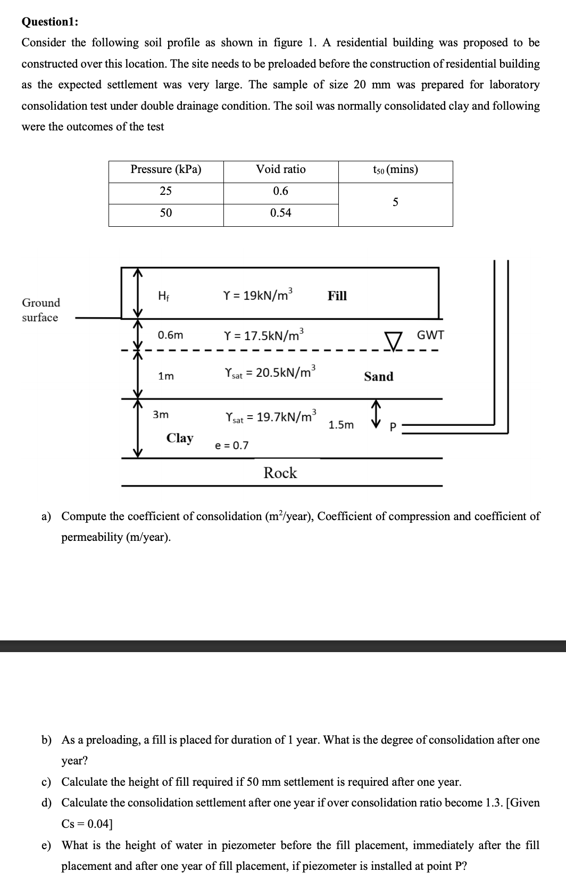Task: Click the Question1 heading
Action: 50,22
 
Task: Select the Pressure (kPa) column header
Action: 166,170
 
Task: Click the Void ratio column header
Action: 281,170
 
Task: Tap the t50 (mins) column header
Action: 395,170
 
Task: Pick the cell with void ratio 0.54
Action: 281,213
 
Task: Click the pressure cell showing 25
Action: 166,191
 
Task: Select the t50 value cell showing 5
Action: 395,202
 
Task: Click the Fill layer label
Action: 337,296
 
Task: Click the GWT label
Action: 430,335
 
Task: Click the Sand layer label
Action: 379,376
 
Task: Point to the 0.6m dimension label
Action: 170,335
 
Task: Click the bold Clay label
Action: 180,438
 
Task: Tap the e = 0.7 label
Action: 231,446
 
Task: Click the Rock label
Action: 280,473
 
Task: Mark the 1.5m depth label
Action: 341,425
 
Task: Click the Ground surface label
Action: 40,310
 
